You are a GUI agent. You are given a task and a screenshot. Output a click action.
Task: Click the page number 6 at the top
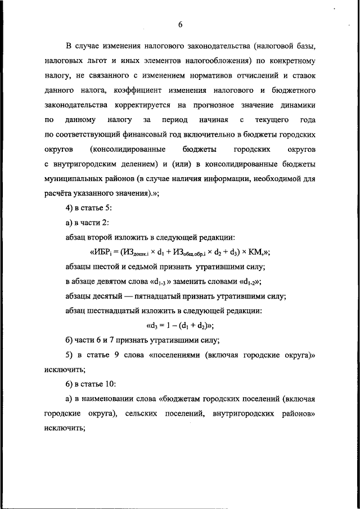pos(180,24)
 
